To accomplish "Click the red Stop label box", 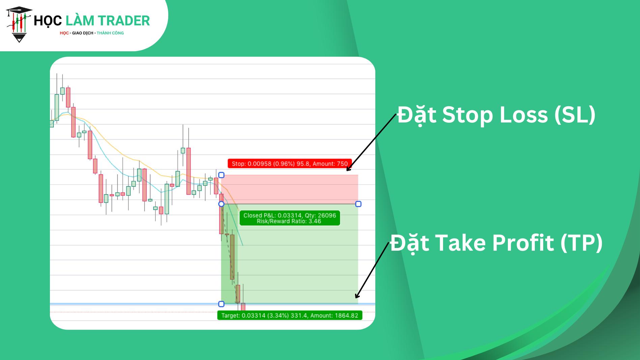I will point(290,164).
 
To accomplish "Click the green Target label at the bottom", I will point(290,315).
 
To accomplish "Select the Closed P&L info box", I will point(290,218).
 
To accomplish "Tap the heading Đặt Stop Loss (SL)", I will point(496,115).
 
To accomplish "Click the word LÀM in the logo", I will point(80,21).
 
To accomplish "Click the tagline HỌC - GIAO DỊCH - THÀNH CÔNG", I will point(92,33).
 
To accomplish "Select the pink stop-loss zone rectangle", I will point(290,189).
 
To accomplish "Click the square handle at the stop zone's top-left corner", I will point(221,175).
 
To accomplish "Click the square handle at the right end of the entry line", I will point(358,204).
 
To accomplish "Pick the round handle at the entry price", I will point(221,204).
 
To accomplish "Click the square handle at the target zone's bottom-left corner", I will point(221,304).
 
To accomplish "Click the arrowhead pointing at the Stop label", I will point(348,169).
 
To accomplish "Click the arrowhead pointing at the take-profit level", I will point(357,297).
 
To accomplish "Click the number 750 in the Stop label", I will point(342,164).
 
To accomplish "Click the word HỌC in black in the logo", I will point(48,21).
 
